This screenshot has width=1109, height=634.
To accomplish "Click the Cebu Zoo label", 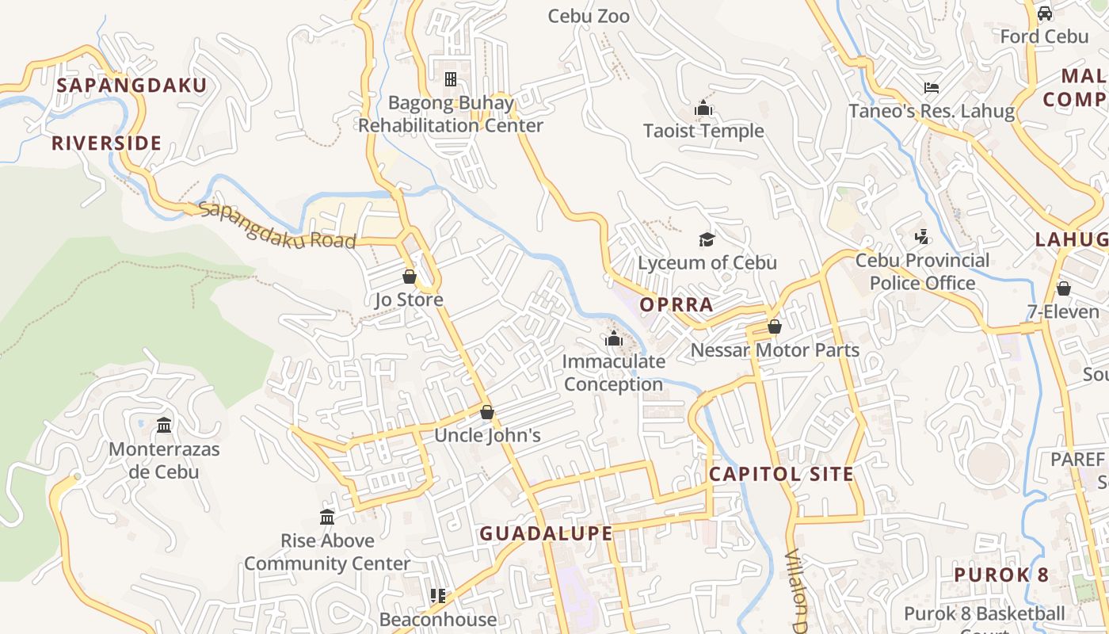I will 589,16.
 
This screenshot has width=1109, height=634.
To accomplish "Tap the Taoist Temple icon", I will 703,108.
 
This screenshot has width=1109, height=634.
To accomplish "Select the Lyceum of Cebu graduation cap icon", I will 707,239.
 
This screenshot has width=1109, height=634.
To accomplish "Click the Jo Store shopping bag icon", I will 410,277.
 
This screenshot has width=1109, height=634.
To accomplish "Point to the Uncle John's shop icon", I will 487,412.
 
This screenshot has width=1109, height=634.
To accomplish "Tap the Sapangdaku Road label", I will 277,226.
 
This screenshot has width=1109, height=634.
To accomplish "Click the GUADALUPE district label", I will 546,533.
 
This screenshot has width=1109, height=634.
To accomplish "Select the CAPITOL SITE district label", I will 781,474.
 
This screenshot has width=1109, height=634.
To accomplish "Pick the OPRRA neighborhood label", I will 676,304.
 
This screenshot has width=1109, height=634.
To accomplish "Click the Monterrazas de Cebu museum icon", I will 164,426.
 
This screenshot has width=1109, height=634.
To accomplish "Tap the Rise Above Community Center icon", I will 327,518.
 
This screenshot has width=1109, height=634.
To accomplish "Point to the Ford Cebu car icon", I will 1045,13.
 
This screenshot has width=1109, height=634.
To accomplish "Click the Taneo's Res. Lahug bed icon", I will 932,87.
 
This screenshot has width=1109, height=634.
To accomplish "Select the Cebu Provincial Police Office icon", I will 921,237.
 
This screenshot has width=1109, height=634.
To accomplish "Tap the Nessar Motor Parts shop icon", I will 775,327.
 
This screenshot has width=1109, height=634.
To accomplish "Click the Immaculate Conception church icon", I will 613,338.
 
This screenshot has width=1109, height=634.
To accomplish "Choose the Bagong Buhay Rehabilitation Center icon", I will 451,79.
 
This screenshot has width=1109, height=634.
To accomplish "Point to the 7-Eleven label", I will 1063,312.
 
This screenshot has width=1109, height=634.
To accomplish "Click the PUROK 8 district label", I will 1001,575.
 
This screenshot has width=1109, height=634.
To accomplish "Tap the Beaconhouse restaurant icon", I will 437,595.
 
